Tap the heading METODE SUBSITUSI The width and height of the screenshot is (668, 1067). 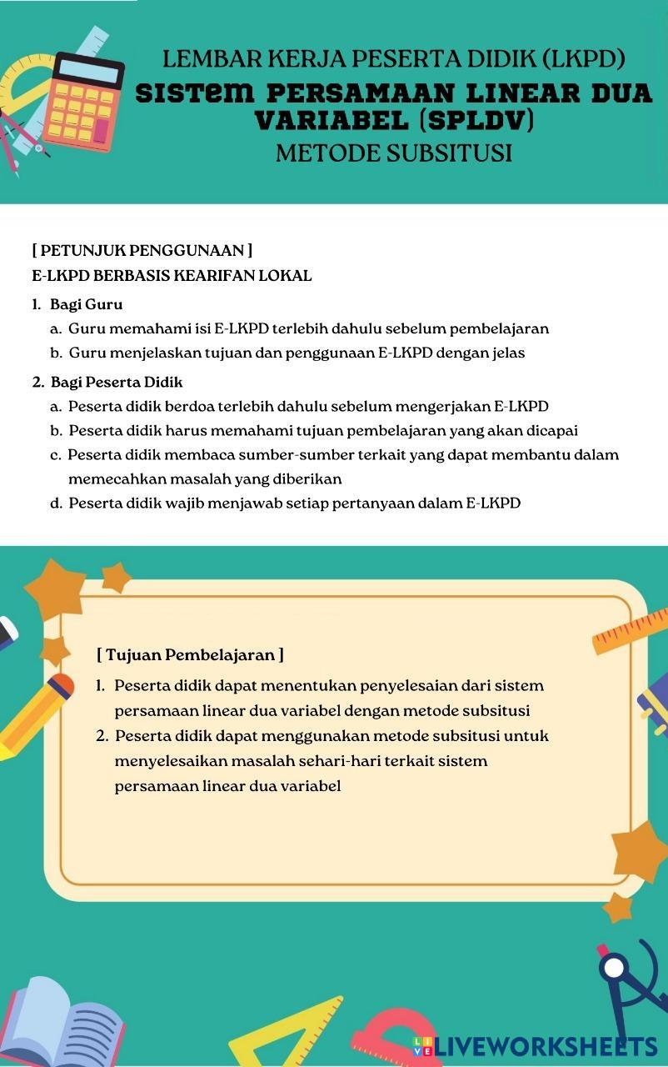click(393, 153)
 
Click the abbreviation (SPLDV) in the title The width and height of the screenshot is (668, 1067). click(476, 121)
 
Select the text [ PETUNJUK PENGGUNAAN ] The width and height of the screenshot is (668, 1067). click(142, 250)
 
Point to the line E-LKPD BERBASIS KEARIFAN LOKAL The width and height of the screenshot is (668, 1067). click(172, 276)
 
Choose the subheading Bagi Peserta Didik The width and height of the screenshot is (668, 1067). click(116, 382)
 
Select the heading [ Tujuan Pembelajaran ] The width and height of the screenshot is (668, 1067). click(190, 655)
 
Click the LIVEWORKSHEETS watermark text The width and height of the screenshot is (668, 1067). click(546, 1047)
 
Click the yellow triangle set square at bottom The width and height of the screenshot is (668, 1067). click(292, 1032)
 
